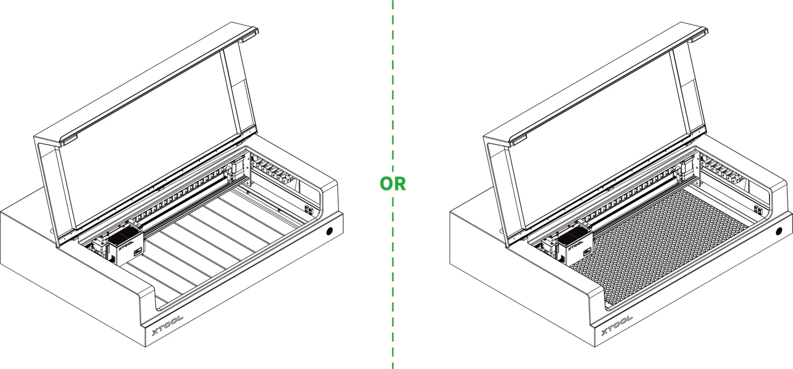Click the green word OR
click(x=393, y=184)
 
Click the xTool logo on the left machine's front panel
click(x=168, y=325)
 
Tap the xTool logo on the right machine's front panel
click(x=617, y=325)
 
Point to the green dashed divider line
click(x=393, y=184)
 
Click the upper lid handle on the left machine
click(x=250, y=35)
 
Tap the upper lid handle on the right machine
click(x=699, y=35)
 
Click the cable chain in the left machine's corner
click(x=272, y=170)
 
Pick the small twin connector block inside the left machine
click(x=309, y=210)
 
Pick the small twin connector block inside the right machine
click(x=758, y=210)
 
